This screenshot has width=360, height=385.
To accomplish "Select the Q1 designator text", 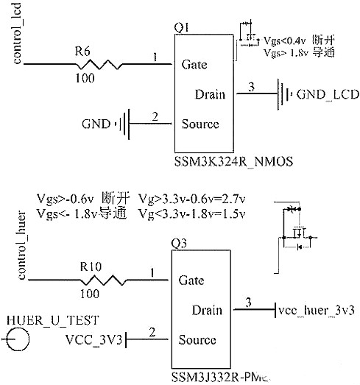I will click(180, 27).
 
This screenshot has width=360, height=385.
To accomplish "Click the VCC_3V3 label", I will click(92, 339).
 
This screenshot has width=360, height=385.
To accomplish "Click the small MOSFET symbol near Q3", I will click(297, 230).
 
